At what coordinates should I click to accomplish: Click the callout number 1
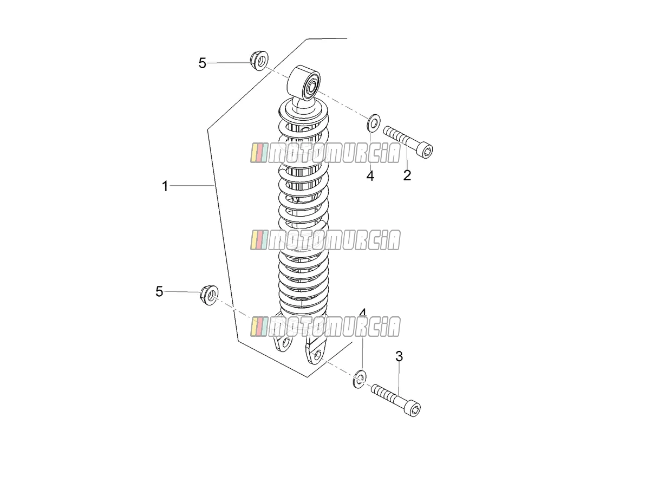(x=165, y=186)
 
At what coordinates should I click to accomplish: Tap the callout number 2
(x=407, y=175)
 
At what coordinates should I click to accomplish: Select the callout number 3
(x=399, y=356)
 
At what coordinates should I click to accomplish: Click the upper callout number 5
(x=203, y=63)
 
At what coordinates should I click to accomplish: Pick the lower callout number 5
(x=159, y=292)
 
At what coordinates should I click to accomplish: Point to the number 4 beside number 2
(x=370, y=176)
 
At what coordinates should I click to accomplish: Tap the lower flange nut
(x=209, y=295)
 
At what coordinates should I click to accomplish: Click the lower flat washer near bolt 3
(x=360, y=379)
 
